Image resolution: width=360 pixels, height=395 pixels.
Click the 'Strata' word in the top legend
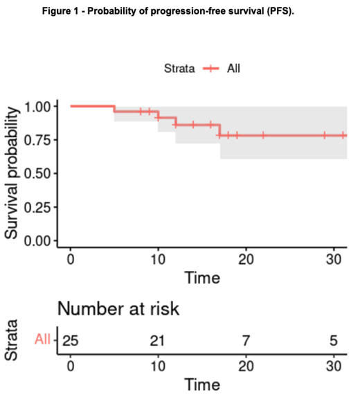[x=179, y=68]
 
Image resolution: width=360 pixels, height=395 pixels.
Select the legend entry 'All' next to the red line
[x=233, y=68]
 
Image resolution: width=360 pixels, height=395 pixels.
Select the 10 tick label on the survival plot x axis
[x=158, y=258]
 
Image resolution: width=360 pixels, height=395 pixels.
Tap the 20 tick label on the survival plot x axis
[x=245, y=258]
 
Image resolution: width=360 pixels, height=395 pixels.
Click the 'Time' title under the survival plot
[x=202, y=277]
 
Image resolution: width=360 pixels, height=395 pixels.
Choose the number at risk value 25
[x=70, y=340]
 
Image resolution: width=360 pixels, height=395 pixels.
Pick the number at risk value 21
[x=158, y=340]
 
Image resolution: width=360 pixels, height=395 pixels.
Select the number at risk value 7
[x=245, y=340]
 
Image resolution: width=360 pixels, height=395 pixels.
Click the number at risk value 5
[x=333, y=340]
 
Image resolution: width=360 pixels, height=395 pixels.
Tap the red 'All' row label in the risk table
[x=43, y=340]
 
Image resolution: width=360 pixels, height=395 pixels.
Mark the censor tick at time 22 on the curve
[x=263, y=135]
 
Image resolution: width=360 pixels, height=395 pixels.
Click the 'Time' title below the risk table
[x=202, y=383]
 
